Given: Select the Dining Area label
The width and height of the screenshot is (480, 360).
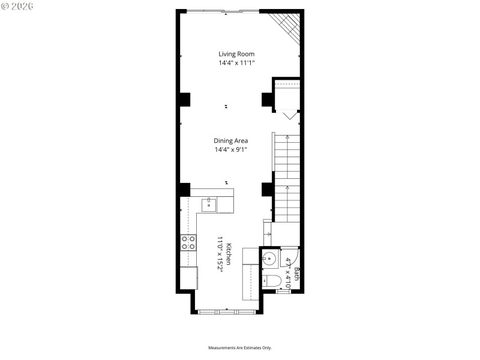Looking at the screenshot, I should [x=231, y=141].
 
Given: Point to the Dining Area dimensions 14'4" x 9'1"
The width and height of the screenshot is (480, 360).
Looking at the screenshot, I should [x=231, y=149].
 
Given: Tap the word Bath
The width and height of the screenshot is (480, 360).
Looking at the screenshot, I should [x=296, y=274].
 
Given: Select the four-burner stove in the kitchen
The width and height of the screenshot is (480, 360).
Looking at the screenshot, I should [x=188, y=242].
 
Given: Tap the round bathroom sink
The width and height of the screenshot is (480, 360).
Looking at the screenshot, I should [x=269, y=260].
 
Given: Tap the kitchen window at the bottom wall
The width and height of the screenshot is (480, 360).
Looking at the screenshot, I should [x=227, y=311].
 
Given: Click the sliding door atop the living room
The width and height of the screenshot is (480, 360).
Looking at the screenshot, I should [x=226, y=10].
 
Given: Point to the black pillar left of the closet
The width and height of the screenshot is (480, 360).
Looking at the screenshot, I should [x=267, y=100].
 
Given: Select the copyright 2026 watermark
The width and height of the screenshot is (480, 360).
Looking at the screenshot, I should [x=18, y=6].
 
